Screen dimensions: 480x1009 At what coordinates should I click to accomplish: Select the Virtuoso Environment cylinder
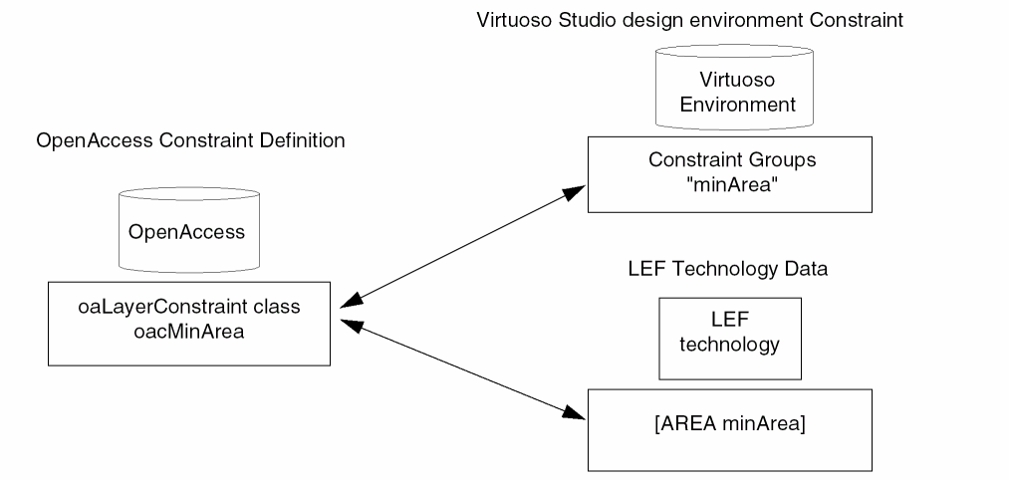[x=731, y=90]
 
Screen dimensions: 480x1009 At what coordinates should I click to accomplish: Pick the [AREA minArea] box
[x=729, y=428]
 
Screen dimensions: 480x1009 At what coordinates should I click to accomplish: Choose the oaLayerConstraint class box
[x=189, y=323]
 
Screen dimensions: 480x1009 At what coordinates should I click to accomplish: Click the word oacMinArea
[x=189, y=332]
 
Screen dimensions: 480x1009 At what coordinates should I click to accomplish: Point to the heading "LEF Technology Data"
[x=728, y=269]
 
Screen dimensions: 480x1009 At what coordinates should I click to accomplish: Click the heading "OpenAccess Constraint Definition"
[x=190, y=140]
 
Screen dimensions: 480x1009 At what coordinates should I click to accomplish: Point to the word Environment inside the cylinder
[x=731, y=103]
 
